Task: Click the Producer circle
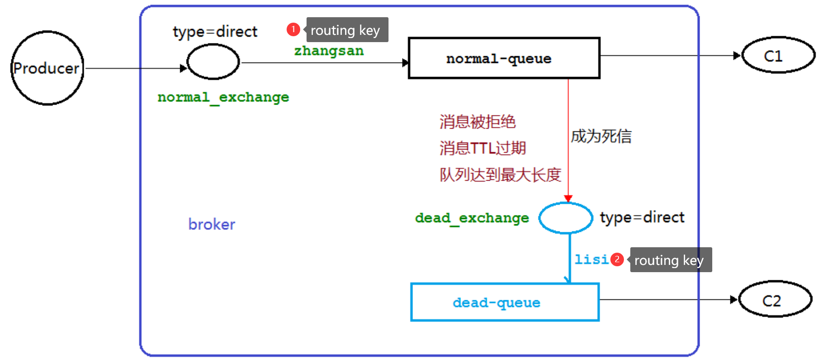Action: tap(47, 68)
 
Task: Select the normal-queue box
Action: tap(504, 58)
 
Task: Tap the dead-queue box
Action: tap(504, 302)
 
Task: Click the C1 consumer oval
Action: tap(778, 55)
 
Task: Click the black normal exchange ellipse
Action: tap(213, 62)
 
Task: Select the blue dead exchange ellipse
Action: tap(566, 218)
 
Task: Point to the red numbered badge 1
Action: tap(293, 29)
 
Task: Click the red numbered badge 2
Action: tap(617, 259)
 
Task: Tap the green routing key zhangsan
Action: tap(329, 51)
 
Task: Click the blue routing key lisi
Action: tap(591, 259)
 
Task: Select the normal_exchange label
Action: tap(223, 97)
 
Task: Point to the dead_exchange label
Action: tap(472, 218)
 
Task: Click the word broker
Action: tap(211, 224)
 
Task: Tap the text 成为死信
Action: tap(601, 136)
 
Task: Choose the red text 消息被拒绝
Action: tap(477, 122)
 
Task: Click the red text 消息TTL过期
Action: tap(482, 148)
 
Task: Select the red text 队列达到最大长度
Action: tap(500, 174)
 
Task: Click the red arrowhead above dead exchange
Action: tap(568, 198)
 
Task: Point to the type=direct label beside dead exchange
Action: tap(642, 218)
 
